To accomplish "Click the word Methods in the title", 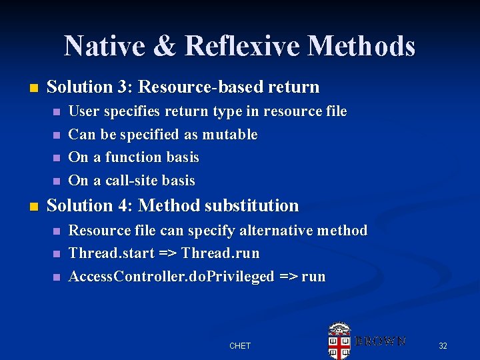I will tap(361, 46).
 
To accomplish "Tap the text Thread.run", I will tap(220, 253).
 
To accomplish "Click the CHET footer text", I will tap(240, 345).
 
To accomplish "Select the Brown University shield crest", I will tap(339, 341).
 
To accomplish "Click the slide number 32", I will tap(443, 345).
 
